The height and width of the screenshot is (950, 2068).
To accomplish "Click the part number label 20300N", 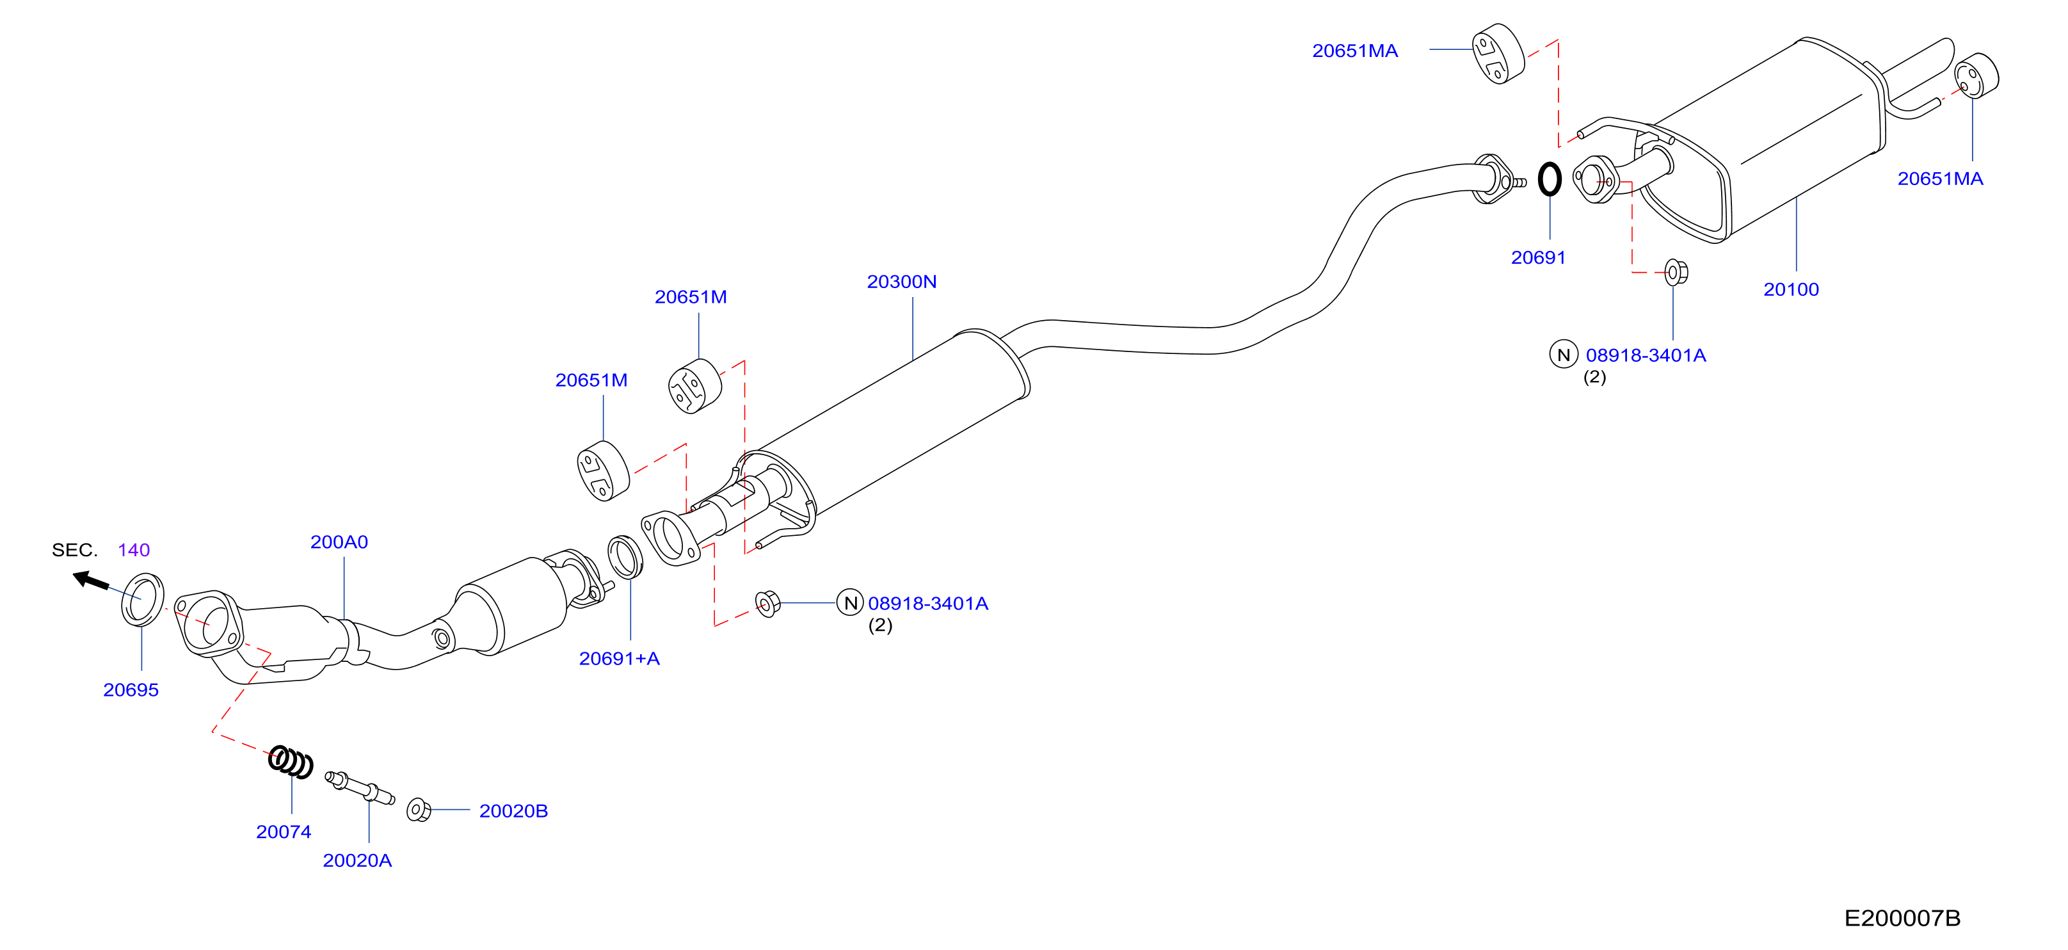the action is pyautogui.click(x=902, y=282).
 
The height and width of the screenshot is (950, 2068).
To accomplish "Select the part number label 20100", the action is pyautogui.click(x=1791, y=290).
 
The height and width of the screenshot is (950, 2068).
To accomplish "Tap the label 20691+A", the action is pyautogui.click(x=619, y=659).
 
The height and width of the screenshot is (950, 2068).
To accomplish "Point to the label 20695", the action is pyautogui.click(x=131, y=690).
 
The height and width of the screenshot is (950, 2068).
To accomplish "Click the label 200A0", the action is pyautogui.click(x=339, y=542).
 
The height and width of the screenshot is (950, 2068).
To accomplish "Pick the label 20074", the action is pyautogui.click(x=284, y=832).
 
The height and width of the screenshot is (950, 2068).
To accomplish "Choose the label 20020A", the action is pyautogui.click(x=357, y=861).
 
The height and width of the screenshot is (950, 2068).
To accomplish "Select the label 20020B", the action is pyautogui.click(x=514, y=811).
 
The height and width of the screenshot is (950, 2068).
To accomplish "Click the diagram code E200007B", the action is pyautogui.click(x=1902, y=918).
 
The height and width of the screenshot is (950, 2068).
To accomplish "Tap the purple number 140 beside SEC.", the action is pyautogui.click(x=134, y=550).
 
